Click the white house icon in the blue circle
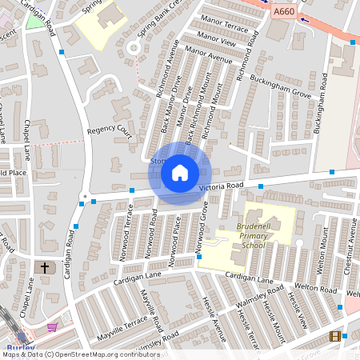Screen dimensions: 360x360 pos(180,173)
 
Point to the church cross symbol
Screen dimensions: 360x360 pos(45,267)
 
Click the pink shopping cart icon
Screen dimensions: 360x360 pos(53,327)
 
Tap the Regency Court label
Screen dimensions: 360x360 pos(109,128)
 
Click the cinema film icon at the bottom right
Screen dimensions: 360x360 pos(334,336)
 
